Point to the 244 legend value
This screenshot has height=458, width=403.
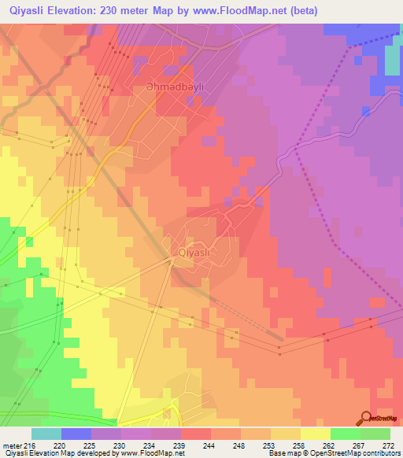pyautogui.click(x=209, y=445)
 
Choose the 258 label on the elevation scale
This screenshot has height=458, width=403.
pyautogui.click(x=299, y=445)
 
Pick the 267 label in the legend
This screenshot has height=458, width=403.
pyautogui.click(x=359, y=445)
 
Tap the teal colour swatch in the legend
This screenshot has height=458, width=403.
pyautogui.click(x=46, y=434)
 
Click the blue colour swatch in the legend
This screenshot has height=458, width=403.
pyautogui.click(x=76, y=434)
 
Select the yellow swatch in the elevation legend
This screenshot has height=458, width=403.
pyautogui.click(x=315, y=434)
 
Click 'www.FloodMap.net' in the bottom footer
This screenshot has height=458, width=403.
pyautogui.click(x=153, y=453)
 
